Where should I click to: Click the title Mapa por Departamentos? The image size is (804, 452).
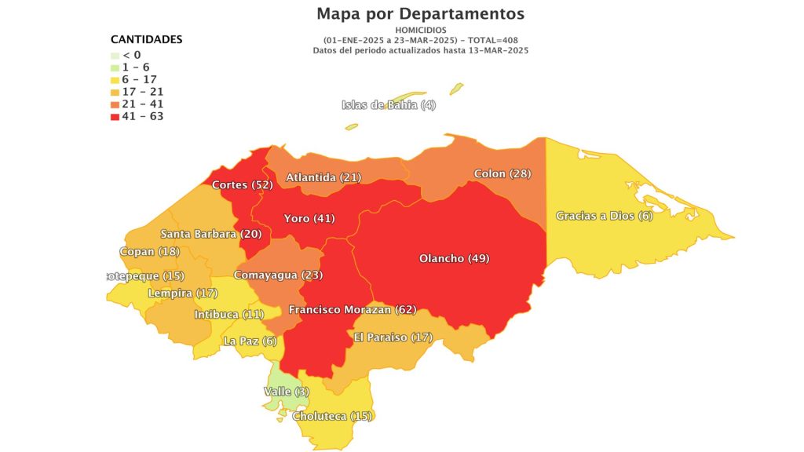point(420,14)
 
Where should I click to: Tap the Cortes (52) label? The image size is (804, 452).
point(242,185)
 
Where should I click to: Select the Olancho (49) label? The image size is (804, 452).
point(455,258)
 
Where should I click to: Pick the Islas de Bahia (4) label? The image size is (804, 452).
point(389,105)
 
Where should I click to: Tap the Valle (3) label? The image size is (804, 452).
point(287,392)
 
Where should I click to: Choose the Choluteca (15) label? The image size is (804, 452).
point(332,416)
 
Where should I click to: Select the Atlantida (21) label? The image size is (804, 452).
point(323,178)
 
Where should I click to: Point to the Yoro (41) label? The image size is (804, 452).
point(309,218)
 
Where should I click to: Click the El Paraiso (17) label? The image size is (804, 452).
point(393,337)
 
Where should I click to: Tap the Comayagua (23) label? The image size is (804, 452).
point(278,275)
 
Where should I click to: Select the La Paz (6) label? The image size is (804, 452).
point(250,341)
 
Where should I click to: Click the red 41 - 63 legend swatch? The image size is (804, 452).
point(115,117)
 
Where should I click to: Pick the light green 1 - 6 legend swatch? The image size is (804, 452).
point(115,67)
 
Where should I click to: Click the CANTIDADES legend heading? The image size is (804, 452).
point(146,39)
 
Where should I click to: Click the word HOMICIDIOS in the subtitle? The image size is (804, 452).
point(420,30)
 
